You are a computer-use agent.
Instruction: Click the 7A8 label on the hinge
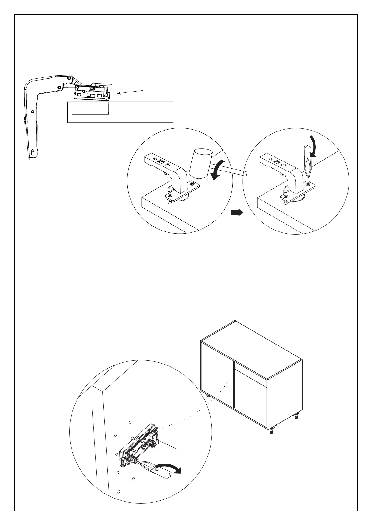tap(92, 89)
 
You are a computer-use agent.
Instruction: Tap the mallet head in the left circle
tap(201, 163)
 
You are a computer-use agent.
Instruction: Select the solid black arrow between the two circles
tap(237, 212)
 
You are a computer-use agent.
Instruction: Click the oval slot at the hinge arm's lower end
tap(33, 152)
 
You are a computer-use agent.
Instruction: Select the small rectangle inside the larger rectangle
tap(90, 108)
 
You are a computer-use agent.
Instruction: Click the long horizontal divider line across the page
tap(186, 263)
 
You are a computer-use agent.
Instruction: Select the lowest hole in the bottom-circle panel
tap(119, 501)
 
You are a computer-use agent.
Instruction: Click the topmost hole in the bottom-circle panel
tap(130, 422)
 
